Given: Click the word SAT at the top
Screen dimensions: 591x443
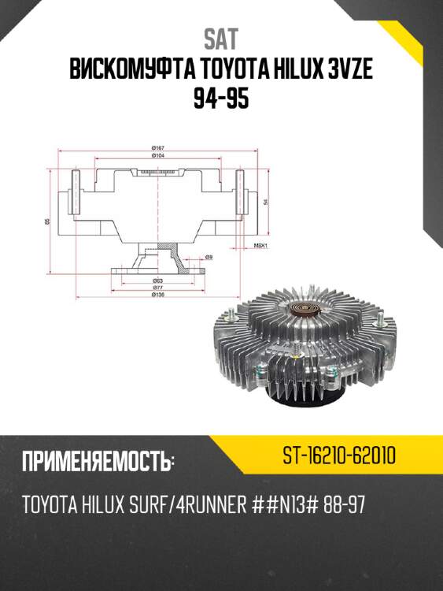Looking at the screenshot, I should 221,38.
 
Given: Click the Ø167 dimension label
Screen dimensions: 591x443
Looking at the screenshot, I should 158,148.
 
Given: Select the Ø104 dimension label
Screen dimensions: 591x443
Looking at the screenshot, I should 158,156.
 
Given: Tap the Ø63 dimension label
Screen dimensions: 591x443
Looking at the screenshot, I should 158,281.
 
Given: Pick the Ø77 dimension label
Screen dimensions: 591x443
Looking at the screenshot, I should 158,288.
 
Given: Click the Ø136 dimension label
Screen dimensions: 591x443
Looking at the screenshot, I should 158,296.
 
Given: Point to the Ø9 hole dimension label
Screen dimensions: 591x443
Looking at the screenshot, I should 209,258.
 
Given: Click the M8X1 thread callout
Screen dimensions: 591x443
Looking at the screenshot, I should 261,245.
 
